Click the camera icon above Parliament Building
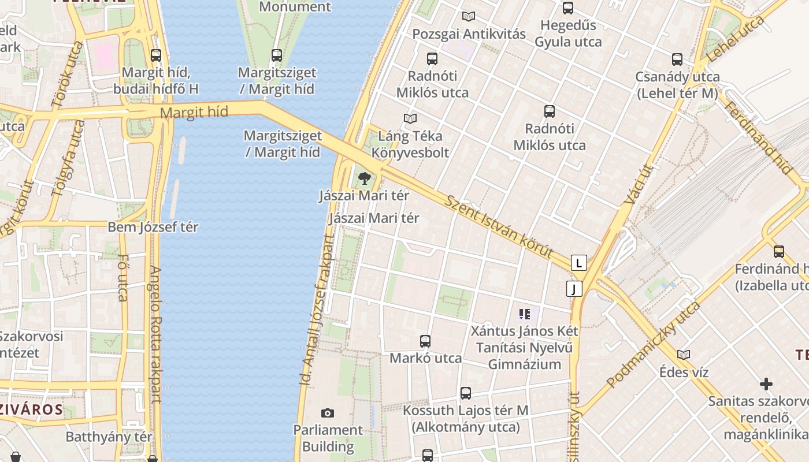point(328,413)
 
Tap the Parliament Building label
point(328,438)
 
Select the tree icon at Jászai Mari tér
point(364,178)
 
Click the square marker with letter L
point(578,263)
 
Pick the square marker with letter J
point(574,289)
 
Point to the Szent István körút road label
point(499,228)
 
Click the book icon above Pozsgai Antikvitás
point(469,17)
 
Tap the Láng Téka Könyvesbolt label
point(410,144)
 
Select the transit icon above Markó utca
point(425,341)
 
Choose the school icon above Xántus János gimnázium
point(525,315)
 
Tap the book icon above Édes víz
point(684,355)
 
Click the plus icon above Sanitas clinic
point(766,384)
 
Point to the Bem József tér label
point(153,227)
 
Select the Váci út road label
point(638,184)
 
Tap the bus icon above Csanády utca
point(677,59)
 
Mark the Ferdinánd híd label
point(758,138)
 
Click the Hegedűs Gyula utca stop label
point(568,33)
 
